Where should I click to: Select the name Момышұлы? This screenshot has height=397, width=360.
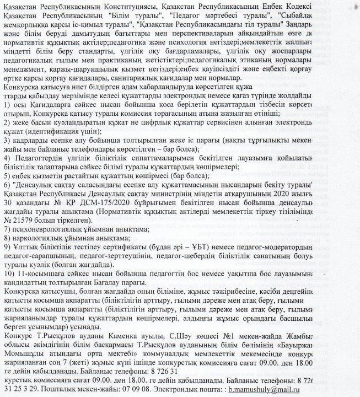(x=26, y=354)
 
